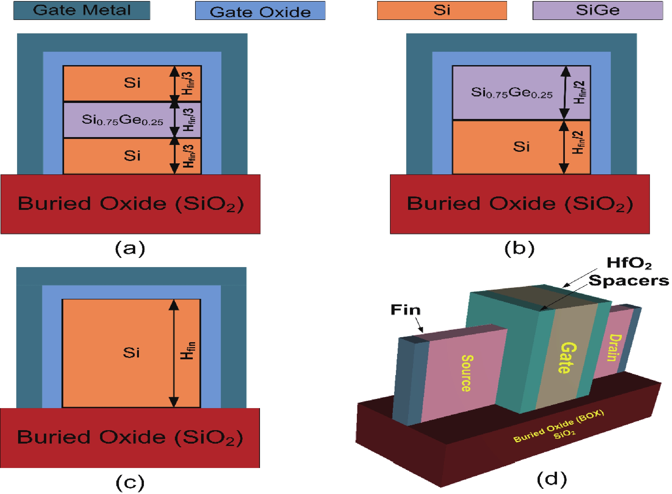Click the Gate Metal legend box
pyautogui.click(x=82, y=11)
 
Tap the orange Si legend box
pyautogui.click(x=442, y=11)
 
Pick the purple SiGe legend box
pyautogui.click(x=598, y=11)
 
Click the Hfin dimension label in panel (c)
pyautogui.click(x=188, y=350)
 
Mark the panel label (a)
pyautogui.click(x=130, y=248)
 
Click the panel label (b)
pyautogui.click(x=519, y=248)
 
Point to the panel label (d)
pyautogui.click(x=552, y=479)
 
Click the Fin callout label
pyautogui.click(x=406, y=310)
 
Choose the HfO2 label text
pyautogui.click(x=629, y=263)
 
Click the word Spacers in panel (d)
pyautogui.click(x=629, y=281)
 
